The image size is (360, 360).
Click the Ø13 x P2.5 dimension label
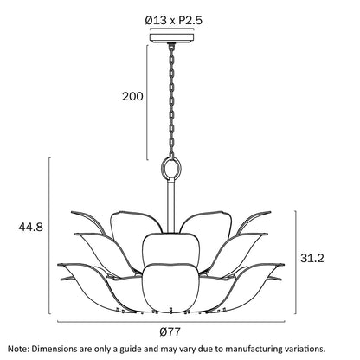(174, 21)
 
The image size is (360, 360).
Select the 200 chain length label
(132, 96)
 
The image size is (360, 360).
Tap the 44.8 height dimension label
(30, 227)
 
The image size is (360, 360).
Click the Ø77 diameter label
(170, 331)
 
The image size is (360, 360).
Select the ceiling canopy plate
(172, 38)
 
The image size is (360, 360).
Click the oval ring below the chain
(172, 168)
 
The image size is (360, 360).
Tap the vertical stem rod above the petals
(171, 205)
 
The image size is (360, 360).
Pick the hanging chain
(172, 100)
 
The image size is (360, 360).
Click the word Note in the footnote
(18, 349)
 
